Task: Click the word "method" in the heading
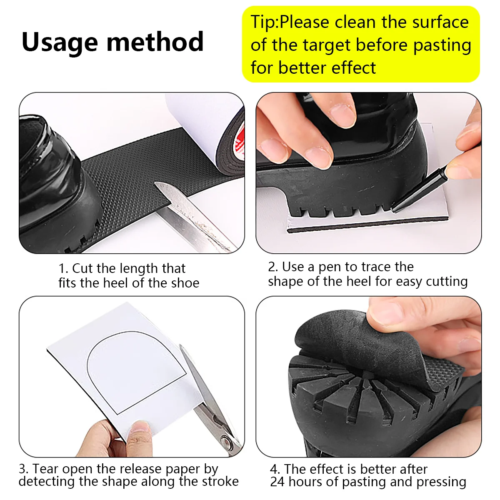[x=155, y=42]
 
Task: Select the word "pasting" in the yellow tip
[x=442, y=46]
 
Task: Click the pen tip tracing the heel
[x=392, y=209]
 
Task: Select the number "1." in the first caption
[x=63, y=269]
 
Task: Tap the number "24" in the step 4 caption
[x=277, y=482]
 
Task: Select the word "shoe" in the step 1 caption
[x=186, y=283]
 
